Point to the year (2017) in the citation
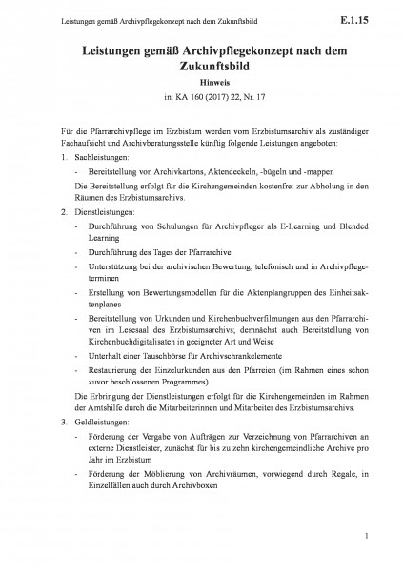point(210,98)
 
